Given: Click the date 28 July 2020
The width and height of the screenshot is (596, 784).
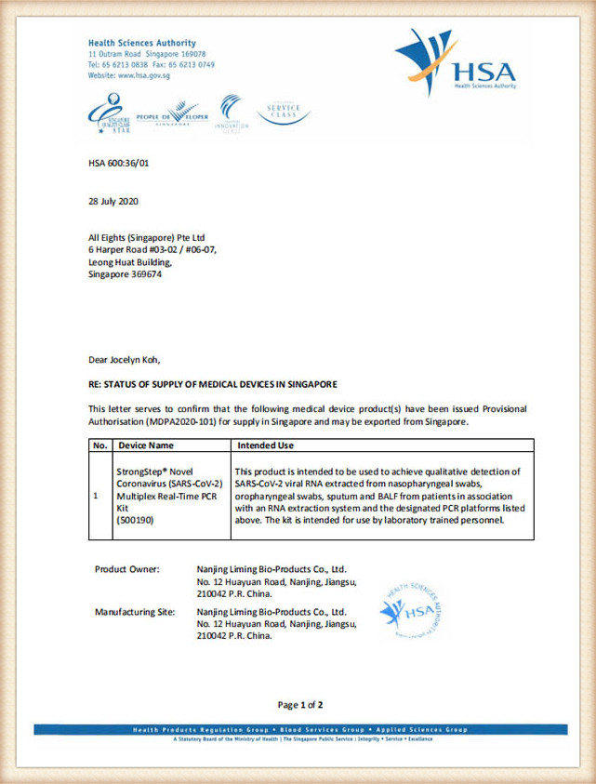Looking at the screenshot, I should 113,201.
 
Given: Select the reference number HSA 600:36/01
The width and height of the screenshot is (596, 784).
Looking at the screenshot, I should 118,164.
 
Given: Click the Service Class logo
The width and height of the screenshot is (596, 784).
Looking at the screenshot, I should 283,113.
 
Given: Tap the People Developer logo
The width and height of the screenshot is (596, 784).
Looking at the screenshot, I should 173,114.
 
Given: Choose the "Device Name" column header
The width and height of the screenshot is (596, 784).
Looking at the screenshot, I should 146,445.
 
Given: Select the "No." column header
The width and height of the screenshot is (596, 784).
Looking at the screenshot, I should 100,445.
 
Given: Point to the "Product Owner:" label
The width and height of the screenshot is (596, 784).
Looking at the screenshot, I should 127,568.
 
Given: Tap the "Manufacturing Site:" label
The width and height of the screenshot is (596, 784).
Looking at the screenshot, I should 137,612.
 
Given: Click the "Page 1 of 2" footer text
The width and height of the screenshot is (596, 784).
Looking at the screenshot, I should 300,705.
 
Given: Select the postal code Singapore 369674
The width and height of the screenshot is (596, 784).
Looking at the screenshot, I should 125,274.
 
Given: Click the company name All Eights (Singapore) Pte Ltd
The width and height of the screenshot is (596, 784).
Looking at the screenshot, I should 149,237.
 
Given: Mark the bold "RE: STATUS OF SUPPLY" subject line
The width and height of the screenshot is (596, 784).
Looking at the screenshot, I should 213,384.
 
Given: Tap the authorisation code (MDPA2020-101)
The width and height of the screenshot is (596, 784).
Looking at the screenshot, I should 163,421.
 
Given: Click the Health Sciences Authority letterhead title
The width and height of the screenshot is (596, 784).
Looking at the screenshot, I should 141,43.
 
